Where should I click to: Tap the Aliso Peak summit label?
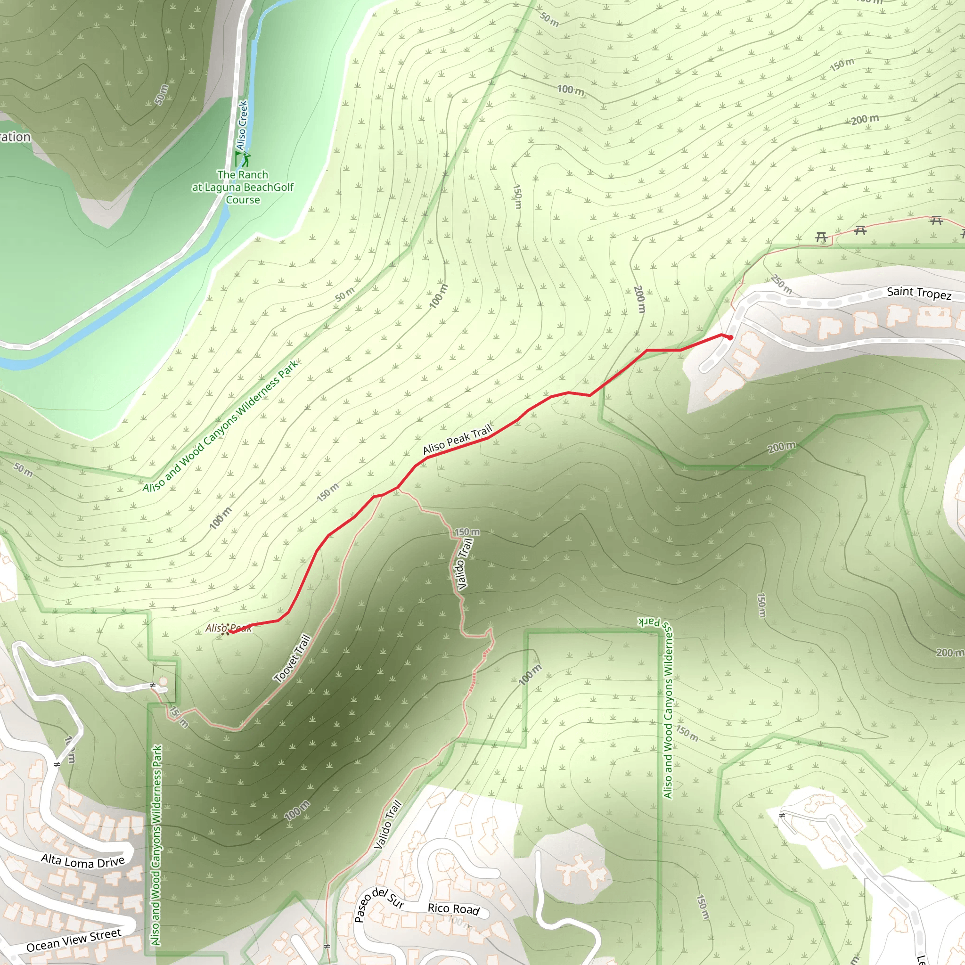[x=228, y=628]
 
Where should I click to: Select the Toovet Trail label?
[x=293, y=658]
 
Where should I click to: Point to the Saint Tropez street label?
[x=919, y=293]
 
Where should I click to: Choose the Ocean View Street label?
[x=74, y=940]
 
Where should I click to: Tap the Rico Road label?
[x=453, y=909]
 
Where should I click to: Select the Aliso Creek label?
[x=242, y=125]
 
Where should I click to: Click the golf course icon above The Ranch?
[x=243, y=159]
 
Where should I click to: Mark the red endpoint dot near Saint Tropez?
[x=730, y=338]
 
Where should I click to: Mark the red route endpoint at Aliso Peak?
[x=231, y=632]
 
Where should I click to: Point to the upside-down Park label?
[x=650, y=622]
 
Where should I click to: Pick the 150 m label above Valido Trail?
[x=466, y=532]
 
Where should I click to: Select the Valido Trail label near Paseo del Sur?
[x=388, y=825]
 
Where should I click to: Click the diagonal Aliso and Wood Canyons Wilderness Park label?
[x=221, y=425]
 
